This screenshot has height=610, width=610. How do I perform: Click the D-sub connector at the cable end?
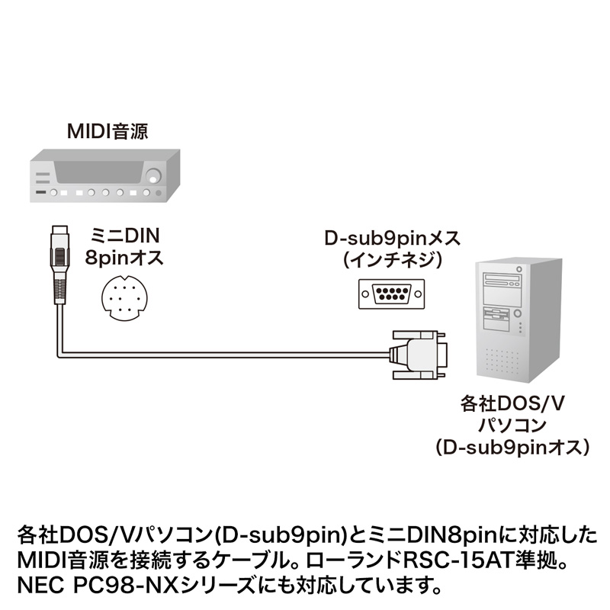[419, 353]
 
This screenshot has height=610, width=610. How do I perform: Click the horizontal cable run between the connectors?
[229, 353]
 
